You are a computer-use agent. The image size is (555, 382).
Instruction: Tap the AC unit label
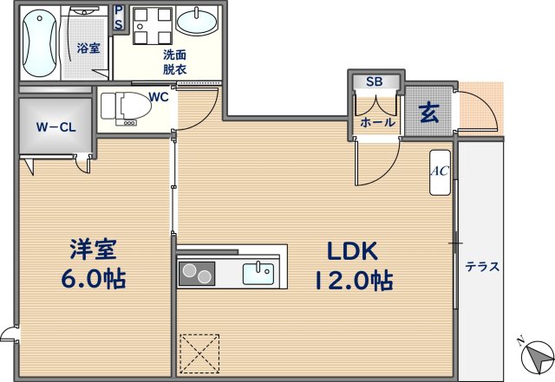pyautogui.click(x=439, y=171)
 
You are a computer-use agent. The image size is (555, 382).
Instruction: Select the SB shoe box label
pyautogui.click(x=374, y=81)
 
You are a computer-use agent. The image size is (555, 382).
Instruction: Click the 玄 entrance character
pyautogui.click(x=428, y=113)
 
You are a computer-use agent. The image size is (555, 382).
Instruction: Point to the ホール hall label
pyautogui.click(x=378, y=123)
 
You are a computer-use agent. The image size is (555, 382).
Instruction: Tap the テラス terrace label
pyautogui.click(x=481, y=267)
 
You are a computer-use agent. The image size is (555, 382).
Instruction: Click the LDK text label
pyautogui.click(x=351, y=251)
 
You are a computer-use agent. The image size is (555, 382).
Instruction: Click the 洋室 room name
pyautogui.click(x=92, y=249)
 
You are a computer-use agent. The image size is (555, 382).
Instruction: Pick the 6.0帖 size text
pyautogui.click(x=92, y=279)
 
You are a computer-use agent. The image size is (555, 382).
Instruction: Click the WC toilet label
pyautogui.click(x=158, y=96)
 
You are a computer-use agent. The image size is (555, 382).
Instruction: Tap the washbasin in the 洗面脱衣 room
pyautogui.click(x=198, y=20)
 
